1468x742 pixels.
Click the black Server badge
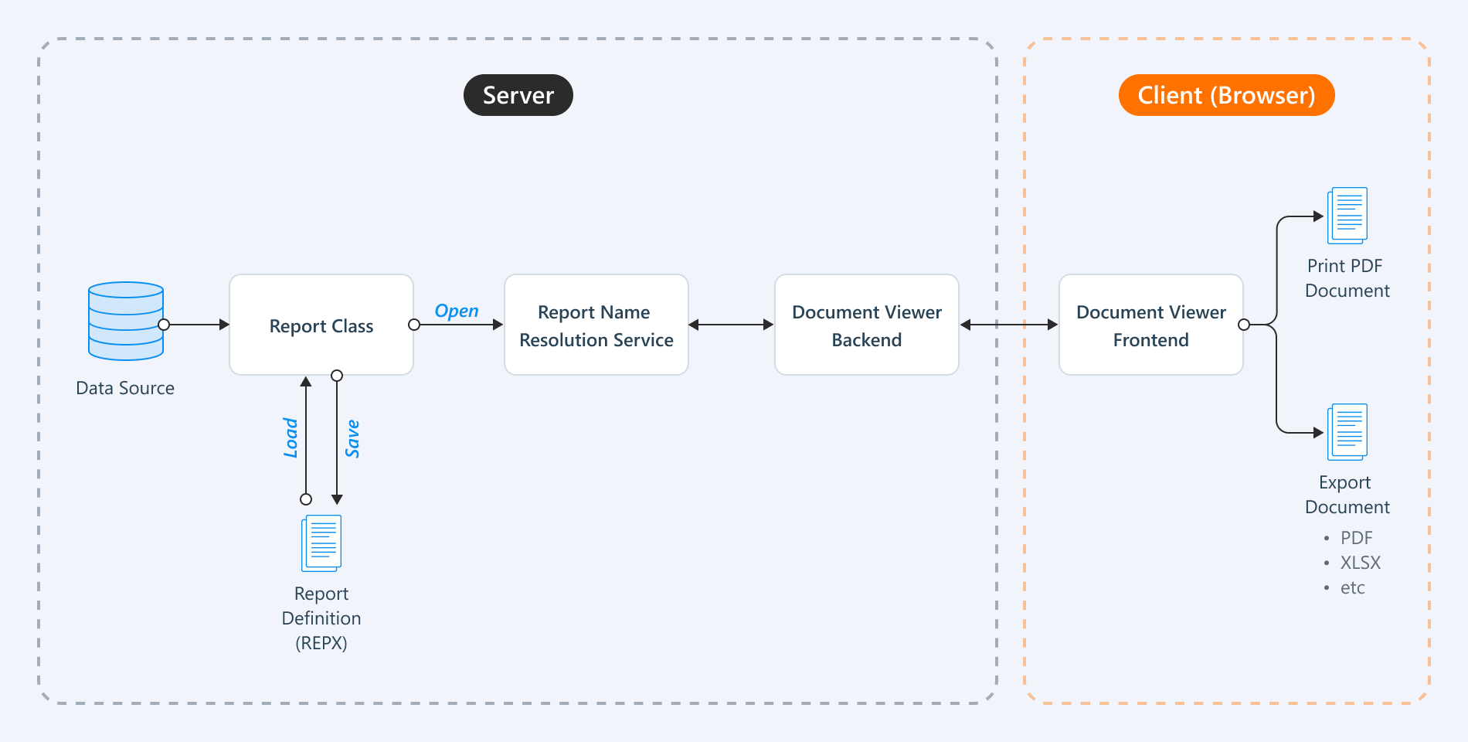(518, 95)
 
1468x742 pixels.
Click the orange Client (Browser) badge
(1226, 95)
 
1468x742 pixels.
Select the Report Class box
(321, 325)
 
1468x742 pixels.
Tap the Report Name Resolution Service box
(596, 325)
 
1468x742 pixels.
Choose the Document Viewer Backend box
(866, 325)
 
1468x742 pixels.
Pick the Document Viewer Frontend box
(1150, 325)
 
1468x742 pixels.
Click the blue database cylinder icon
(126, 321)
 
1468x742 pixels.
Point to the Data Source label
(125, 388)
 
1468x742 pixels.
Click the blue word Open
(456, 311)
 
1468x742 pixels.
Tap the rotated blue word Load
(291, 437)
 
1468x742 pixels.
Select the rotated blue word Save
(352, 438)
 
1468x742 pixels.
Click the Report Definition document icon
(321, 543)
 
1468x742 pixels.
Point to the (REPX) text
(321, 643)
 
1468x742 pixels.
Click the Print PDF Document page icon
(1347, 216)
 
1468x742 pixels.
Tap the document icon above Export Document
(1347, 432)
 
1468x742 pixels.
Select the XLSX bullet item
(1360, 563)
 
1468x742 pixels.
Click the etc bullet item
(1352, 588)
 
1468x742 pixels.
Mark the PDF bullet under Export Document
(1356, 538)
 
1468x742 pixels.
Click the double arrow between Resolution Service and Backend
(731, 325)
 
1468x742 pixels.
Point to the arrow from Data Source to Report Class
(197, 325)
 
